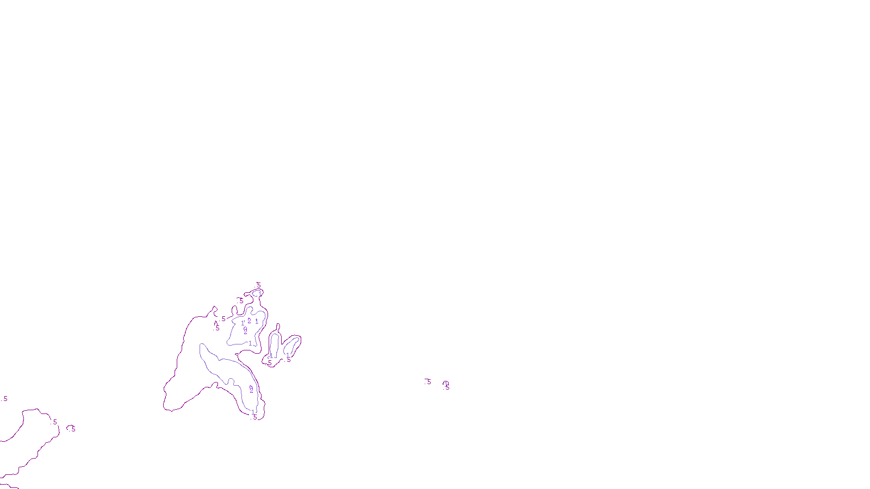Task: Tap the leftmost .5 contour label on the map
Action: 5,399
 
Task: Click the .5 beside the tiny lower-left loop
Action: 72,429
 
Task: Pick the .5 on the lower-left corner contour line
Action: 54,422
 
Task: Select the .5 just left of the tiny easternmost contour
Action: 428,382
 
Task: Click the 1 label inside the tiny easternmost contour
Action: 446,384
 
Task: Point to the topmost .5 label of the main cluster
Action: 258,285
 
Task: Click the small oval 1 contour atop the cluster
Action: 257,293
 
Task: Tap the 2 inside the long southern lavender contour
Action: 251,390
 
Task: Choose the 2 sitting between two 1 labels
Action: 249,321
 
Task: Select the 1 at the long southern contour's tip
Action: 253,412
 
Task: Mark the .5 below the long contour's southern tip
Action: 254,417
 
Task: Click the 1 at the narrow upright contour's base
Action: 271,356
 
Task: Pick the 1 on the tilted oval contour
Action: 288,354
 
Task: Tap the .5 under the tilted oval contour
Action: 288,360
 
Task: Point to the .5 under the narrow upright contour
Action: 269,363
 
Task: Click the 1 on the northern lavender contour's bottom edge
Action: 250,343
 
